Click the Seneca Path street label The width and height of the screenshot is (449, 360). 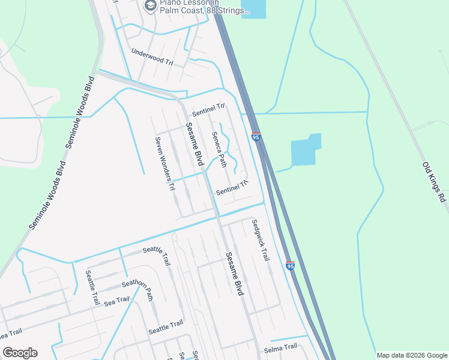pos(219,149)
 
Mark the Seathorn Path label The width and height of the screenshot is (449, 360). pos(137,289)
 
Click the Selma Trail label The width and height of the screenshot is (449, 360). pos(280,347)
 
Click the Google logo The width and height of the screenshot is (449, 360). pos(20,353)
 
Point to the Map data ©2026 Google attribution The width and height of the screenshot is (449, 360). pos(412,355)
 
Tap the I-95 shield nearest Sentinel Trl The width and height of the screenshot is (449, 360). pos(256,137)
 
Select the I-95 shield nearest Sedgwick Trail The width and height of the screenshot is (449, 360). pos(291,265)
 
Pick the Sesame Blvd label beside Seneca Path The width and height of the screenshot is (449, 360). pos(194,145)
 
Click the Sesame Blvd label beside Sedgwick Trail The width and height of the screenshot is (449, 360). pos(235,273)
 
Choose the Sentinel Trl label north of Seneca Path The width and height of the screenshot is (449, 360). pos(208,110)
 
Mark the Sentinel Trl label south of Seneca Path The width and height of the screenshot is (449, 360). pos(232,188)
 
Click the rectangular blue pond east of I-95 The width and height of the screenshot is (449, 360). pos(306,150)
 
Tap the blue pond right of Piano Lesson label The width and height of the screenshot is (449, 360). pos(253,8)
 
